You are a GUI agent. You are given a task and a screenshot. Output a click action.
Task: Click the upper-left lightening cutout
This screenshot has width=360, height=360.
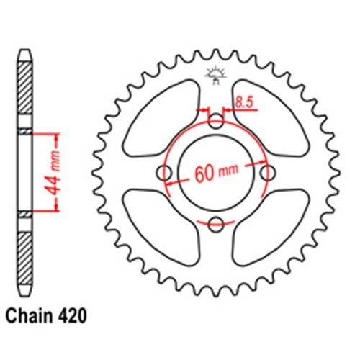click(x=160, y=115)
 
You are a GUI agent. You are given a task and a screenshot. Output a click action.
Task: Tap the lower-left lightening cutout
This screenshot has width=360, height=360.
click(x=160, y=230)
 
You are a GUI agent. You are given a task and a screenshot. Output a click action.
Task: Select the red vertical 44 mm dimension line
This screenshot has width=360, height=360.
click(x=55, y=173)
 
